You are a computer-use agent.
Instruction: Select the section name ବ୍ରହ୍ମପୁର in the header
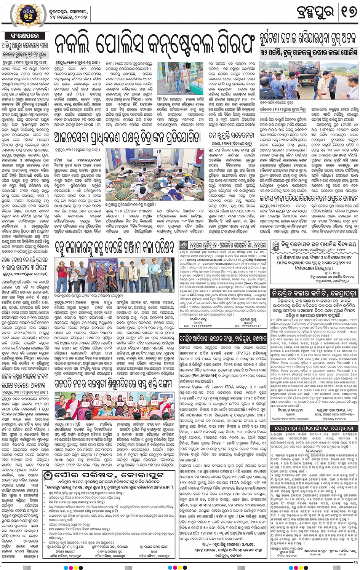coord(315,12)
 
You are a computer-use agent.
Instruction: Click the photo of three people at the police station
coord(180,78)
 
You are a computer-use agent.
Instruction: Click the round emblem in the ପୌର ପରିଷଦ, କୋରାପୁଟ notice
coord(48,476)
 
